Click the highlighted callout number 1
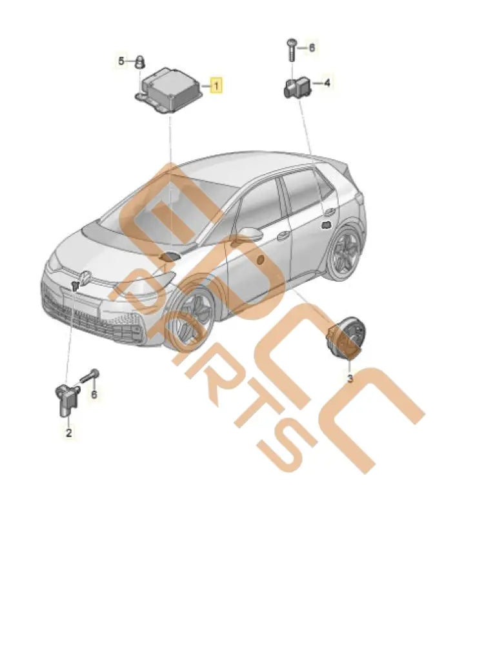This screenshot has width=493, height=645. pyautogui.click(x=216, y=84)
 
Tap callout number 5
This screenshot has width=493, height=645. pyautogui.click(x=121, y=61)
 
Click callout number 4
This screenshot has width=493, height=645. pyautogui.click(x=327, y=83)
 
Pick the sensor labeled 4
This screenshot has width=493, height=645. pyautogui.click(x=297, y=86)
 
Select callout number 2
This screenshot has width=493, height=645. pyautogui.click(x=68, y=433)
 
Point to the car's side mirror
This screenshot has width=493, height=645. pyautogui.click(x=248, y=235)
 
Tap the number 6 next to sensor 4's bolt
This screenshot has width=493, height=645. pyautogui.click(x=312, y=47)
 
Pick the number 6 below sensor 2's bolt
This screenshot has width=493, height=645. pyautogui.click(x=94, y=393)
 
